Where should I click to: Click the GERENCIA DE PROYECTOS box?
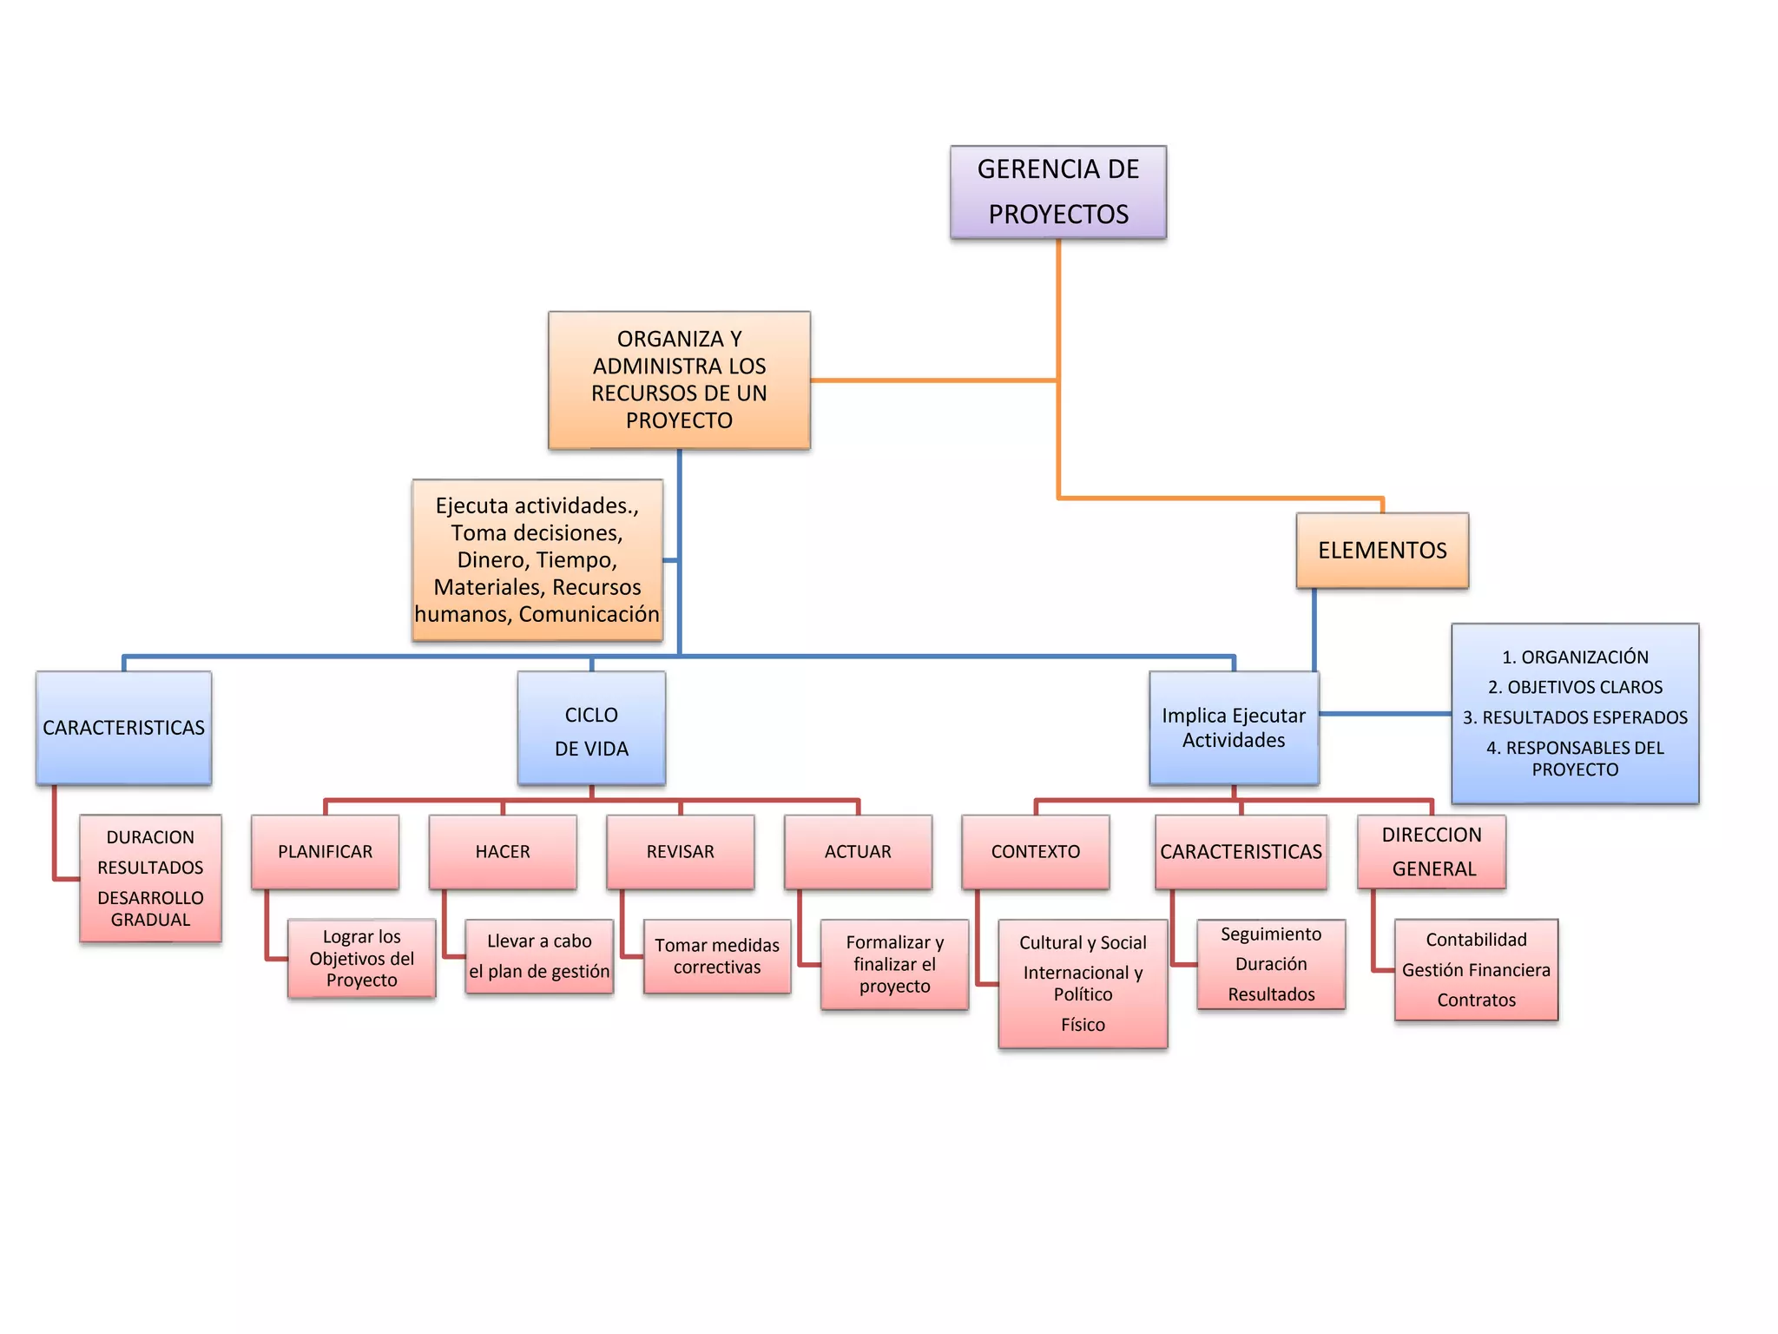point(1057,192)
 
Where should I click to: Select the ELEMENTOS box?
point(1382,551)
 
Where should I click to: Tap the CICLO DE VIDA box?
point(591,729)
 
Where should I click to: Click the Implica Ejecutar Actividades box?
point(1234,729)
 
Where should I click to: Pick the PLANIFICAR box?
point(325,851)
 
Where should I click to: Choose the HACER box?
point(503,851)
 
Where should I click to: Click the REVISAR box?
point(680,851)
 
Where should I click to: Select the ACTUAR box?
point(858,851)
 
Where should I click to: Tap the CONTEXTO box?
point(1035,851)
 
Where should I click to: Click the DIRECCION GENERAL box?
point(1432,851)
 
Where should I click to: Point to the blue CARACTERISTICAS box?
point(123,728)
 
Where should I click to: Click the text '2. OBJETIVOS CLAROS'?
point(1575,687)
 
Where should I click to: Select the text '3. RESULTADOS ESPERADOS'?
point(1575,717)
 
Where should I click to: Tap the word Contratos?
point(1476,1000)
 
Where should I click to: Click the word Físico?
point(1083,1025)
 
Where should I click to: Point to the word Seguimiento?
point(1271,934)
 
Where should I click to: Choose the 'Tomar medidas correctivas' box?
point(717,956)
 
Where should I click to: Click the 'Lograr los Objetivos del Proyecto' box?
point(361,959)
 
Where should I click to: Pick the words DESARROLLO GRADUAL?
point(150,908)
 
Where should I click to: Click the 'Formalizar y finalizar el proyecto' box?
point(894,964)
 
